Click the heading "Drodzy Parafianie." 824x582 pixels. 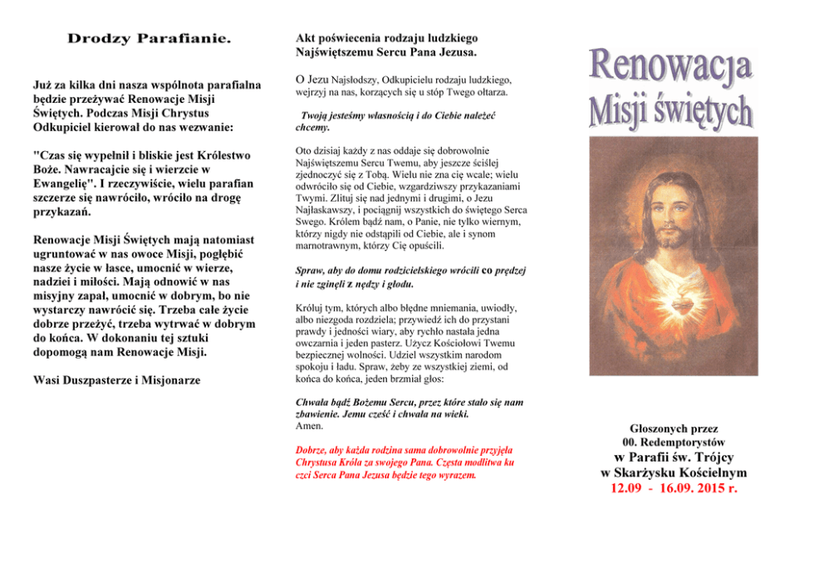pyautogui.click(x=149, y=39)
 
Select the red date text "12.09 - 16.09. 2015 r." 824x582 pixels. pyautogui.click(x=674, y=488)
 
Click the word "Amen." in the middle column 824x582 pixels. pyautogui.click(x=310, y=426)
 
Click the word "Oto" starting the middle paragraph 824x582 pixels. pyautogui.click(x=304, y=152)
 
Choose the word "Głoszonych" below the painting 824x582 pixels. pyautogui.click(x=660, y=428)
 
